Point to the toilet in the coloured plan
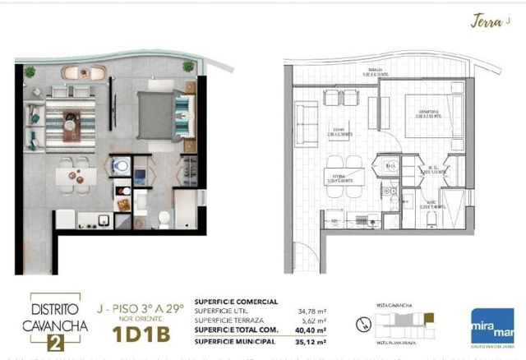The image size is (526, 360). click(x=164, y=218)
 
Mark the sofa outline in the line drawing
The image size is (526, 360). click(x=307, y=123)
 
